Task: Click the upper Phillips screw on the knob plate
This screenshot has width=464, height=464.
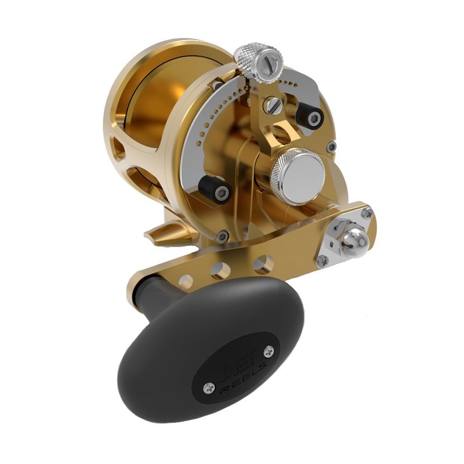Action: pyautogui.click(x=268, y=351)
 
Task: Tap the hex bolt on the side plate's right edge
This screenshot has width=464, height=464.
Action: pyautogui.click(x=331, y=147)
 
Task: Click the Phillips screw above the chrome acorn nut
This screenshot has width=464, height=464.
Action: pyautogui.click(x=367, y=213)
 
